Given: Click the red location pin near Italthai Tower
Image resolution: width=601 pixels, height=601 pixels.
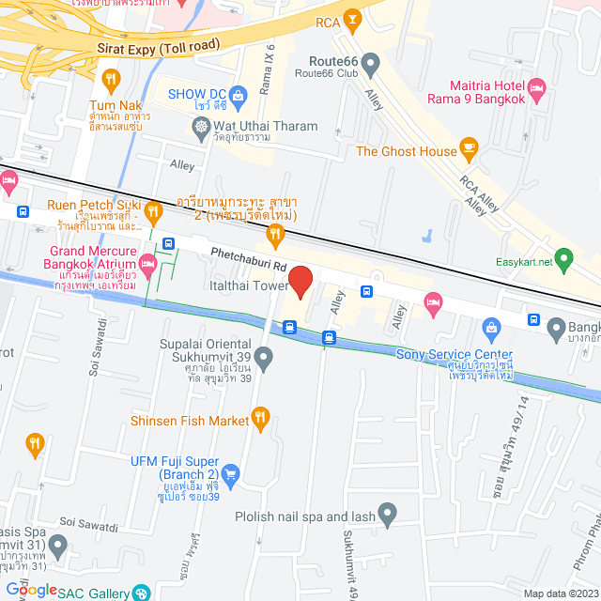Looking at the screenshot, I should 300,282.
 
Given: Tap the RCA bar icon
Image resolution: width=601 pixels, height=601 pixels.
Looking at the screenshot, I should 351,18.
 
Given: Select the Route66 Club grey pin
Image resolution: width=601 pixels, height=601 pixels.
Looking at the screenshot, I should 371,65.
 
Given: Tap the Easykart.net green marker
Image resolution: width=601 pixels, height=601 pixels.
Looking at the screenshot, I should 563,256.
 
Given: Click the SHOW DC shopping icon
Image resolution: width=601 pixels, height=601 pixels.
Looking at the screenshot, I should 237,93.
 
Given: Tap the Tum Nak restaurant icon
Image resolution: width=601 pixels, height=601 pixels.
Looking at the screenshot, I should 113,79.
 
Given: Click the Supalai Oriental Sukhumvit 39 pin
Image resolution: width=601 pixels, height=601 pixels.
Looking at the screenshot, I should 264,357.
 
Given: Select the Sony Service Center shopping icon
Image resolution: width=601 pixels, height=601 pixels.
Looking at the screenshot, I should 491,328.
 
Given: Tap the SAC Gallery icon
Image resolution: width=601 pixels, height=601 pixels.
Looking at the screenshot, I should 141,593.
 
